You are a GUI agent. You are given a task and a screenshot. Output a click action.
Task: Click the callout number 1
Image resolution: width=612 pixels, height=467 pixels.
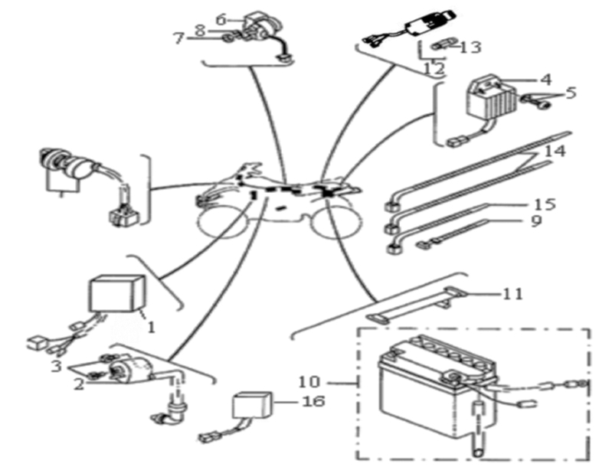pyautogui.click(x=151, y=327)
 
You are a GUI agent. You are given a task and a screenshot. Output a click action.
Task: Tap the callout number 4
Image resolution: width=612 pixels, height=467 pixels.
pyautogui.click(x=546, y=80)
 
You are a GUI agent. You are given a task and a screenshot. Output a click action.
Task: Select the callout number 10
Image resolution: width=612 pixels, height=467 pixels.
pyautogui.click(x=309, y=381)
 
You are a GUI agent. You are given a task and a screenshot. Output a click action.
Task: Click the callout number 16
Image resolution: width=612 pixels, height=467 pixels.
pyautogui.click(x=313, y=400)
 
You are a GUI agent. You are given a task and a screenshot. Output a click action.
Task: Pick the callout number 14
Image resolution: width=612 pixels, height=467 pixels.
pyautogui.click(x=555, y=151)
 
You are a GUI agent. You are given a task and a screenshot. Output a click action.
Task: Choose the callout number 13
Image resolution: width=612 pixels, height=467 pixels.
pyautogui.click(x=470, y=47)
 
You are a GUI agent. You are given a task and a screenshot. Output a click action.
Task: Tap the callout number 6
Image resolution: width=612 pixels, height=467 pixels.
pyautogui.click(x=221, y=19)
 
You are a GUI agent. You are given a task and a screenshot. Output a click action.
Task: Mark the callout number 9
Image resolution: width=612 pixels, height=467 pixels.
pyautogui.click(x=537, y=220)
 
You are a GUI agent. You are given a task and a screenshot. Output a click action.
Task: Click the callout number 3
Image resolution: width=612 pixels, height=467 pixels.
pyautogui.click(x=56, y=366)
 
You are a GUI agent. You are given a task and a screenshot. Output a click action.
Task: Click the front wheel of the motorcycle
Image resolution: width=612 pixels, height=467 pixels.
pyautogui.click(x=221, y=221)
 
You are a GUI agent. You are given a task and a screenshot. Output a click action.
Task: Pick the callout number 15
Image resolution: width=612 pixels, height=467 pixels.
pyautogui.click(x=545, y=204)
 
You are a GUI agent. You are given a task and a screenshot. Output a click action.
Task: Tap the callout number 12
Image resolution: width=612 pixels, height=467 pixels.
pyautogui.click(x=434, y=69)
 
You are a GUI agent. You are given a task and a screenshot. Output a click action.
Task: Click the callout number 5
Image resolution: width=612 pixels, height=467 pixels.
pyautogui.click(x=570, y=93)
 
